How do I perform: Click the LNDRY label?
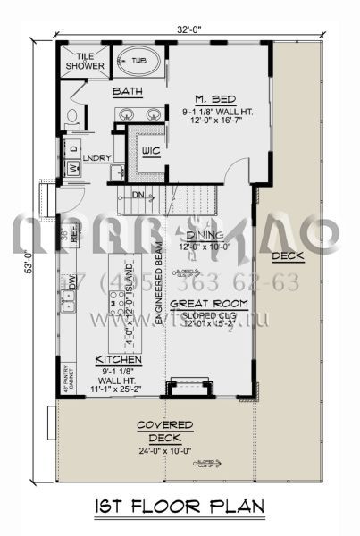(96, 159)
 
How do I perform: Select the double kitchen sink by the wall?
(68, 302)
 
